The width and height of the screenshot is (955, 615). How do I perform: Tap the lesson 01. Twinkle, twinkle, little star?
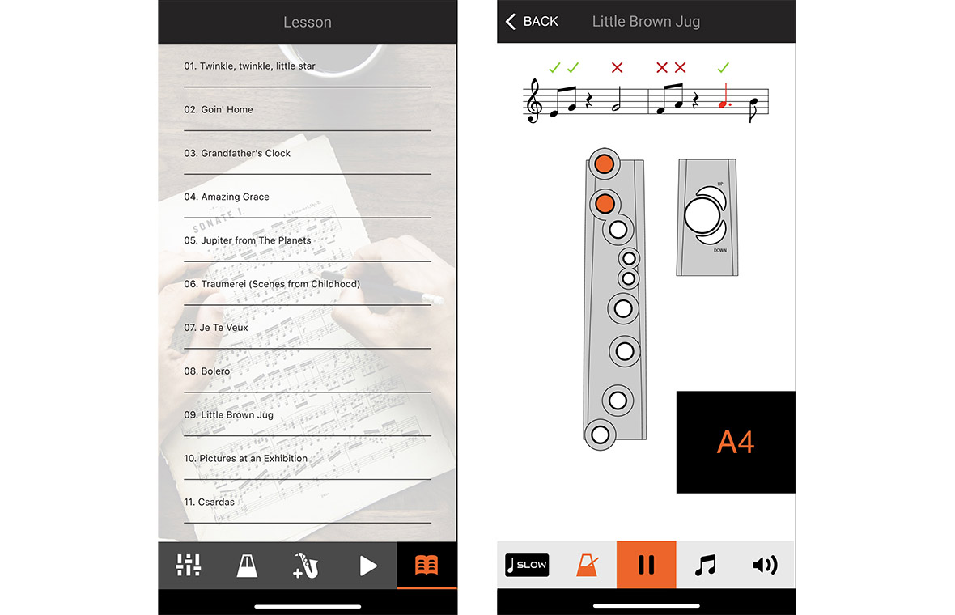coord(249,66)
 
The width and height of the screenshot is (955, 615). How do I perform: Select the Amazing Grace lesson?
coord(227,197)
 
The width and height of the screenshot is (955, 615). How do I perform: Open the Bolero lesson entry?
coord(207,371)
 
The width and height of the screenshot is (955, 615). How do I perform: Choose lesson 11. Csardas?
coord(209,502)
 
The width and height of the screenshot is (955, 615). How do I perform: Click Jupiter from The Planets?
coord(247,240)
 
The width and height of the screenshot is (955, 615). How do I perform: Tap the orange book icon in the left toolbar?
coord(427,565)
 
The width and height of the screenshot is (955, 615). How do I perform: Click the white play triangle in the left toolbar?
coord(367,565)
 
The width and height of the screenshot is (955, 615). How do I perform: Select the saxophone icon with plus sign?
coord(307,565)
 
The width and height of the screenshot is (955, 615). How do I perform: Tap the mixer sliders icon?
coord(188,565)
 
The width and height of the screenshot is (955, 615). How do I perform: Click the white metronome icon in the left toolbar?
coord(247,565)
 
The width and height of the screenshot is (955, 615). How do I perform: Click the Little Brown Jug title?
coord(646,22)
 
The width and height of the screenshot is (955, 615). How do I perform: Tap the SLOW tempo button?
coord(526,565)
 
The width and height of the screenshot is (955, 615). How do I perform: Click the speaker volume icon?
coord(765,565)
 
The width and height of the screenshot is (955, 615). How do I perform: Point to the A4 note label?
coord(736,443)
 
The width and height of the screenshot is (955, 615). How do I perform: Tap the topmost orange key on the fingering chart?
coord(603,164)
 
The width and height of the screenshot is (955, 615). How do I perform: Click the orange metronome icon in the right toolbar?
coord(587,565)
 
